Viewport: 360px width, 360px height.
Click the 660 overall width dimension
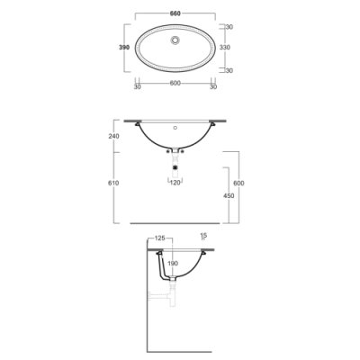175,13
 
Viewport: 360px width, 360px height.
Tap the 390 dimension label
124,48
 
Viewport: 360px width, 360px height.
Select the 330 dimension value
225,48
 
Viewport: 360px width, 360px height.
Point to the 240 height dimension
114,136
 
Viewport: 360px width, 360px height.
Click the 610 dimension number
114,183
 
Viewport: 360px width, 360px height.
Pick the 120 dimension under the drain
175,183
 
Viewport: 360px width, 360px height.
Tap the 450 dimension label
229,196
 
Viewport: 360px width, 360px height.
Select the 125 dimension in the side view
160,238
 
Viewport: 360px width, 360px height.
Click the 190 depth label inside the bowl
173,264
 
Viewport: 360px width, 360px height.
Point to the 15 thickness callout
204,236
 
